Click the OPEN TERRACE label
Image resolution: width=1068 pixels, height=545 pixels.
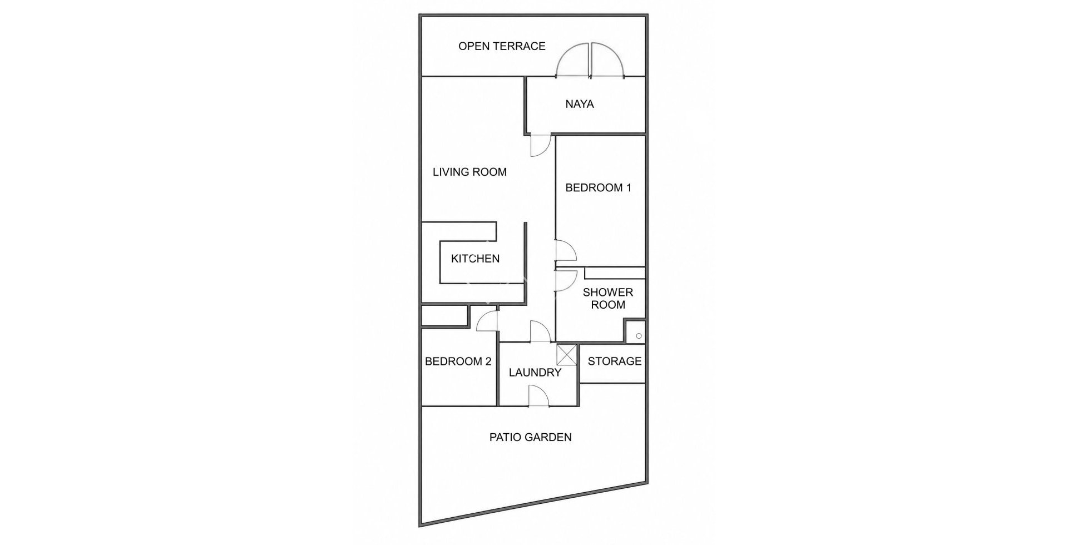[502, 46]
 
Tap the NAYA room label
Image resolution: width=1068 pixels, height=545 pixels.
[580, 104]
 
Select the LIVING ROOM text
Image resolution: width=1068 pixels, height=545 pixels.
[470, 172]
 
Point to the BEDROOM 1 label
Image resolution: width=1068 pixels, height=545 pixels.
[599, 188]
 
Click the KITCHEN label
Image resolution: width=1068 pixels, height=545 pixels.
[475, 259]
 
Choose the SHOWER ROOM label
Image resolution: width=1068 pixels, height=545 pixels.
[608, 299]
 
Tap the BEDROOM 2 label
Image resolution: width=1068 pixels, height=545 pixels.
[458, 361]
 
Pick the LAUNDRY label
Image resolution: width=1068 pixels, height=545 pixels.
[535, 373]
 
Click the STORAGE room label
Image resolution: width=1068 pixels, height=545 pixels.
[615, 361]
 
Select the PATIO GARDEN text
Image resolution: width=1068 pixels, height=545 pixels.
[531, 437]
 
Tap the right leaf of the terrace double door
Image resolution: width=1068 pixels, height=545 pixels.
[608, 60]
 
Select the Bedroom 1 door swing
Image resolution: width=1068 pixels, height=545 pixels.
[566, 250]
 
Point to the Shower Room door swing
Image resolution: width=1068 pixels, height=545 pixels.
[566, 281]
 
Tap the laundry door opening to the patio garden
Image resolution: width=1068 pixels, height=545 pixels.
[539, 397]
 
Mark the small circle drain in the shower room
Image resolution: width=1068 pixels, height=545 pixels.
[639, 336]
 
